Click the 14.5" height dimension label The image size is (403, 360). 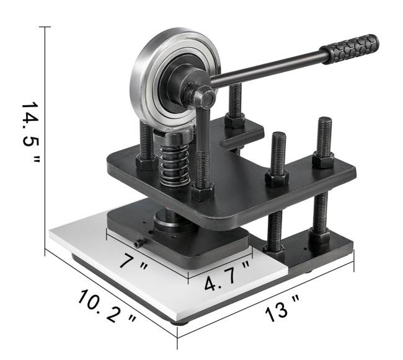point(30,132)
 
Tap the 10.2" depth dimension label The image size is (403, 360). point(107,306)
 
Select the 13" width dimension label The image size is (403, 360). point(281,309)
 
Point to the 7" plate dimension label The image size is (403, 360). point(134,261)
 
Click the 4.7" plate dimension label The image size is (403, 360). point(227,276)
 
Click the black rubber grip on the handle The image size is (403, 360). point(350,49)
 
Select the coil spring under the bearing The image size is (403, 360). point(174,164)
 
